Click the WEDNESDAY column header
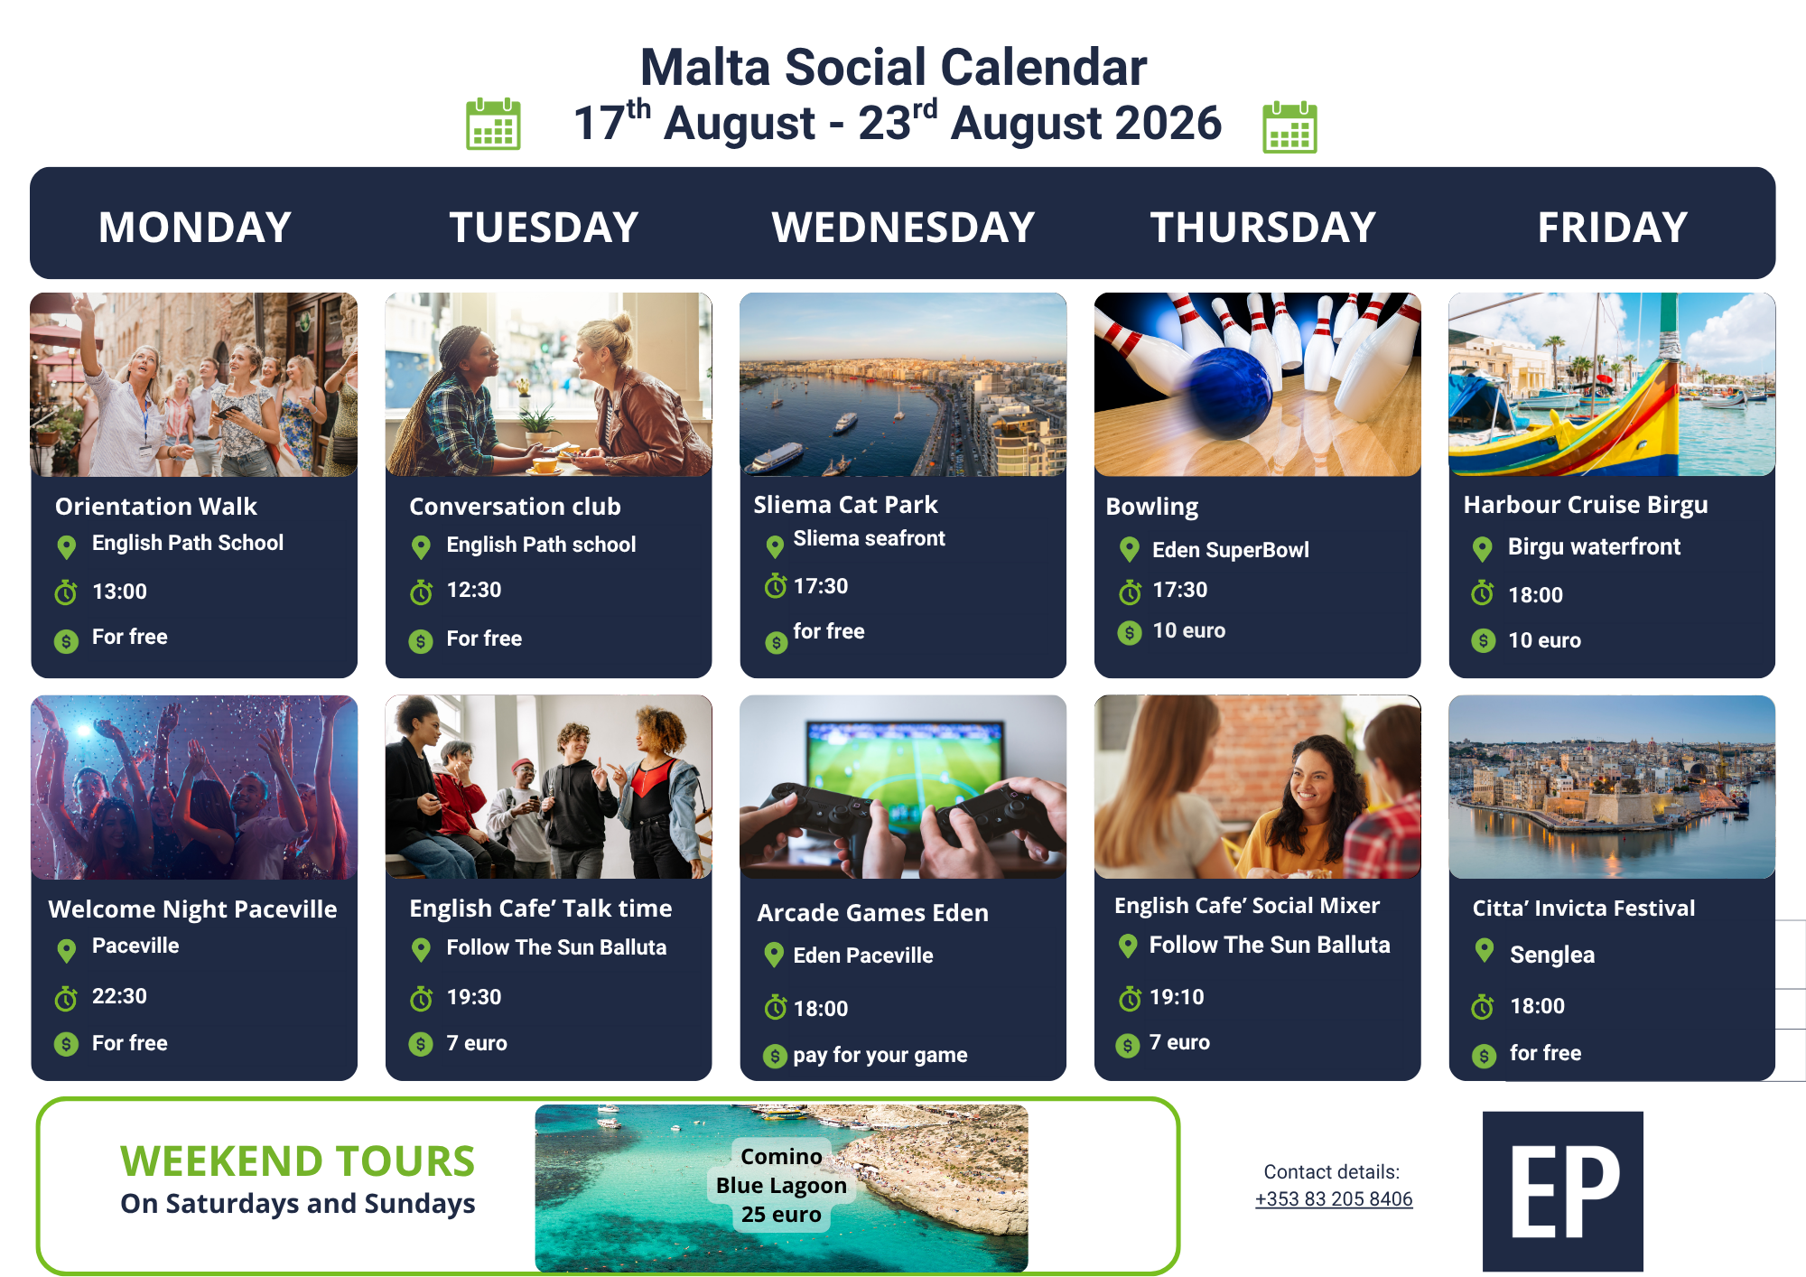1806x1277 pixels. point(903,227)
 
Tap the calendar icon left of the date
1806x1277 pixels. point(493,124)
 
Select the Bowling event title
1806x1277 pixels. point(1152,507)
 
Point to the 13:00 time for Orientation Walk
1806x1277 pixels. point(119,592)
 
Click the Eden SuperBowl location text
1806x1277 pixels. point(1230,550)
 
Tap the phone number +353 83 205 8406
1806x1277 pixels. point(1334,1199)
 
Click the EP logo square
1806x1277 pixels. point(1563,1191)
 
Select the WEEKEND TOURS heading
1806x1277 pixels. point(298,1160)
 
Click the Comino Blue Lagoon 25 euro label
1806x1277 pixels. point(782,1185)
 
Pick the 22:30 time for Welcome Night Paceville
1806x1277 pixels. point(119,996)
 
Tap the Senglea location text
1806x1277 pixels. point(1552,955)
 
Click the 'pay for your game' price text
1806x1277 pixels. point(880,1055)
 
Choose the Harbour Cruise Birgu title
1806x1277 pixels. point(1586,505)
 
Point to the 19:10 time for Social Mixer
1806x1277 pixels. point(1177,997)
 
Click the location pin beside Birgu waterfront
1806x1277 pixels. point(1482,548)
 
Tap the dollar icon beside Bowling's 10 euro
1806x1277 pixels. point(1130,632)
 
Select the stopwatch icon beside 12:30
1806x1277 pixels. point(421,592)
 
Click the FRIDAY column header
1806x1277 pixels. point(1613,227)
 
